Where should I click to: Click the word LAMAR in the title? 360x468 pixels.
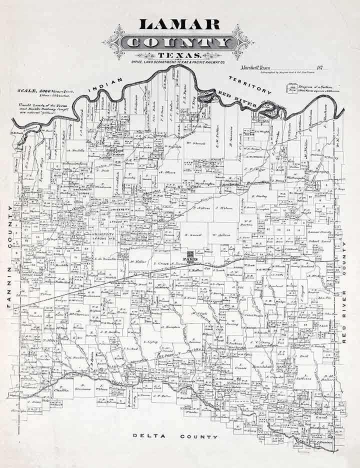(179, 24)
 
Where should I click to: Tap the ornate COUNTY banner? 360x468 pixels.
(178, 42)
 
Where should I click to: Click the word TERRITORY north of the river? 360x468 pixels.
(250, 84)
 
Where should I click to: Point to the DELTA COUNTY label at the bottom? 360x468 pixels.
(175, 437)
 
